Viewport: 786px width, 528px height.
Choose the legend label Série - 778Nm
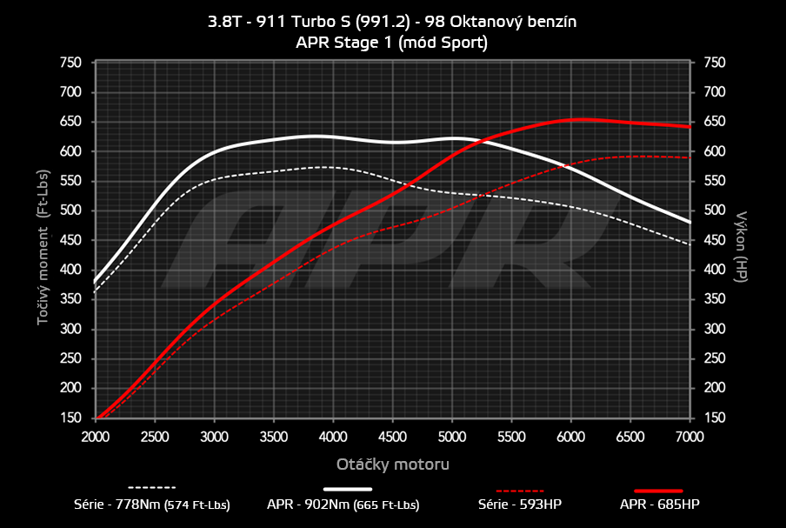click(152, 505)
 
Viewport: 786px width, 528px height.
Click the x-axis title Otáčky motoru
click(393, 465)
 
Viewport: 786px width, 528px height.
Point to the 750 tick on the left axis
click(70, 63)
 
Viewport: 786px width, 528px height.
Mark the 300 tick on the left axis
click(70, 330)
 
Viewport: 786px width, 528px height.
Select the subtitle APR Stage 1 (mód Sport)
click(393, 43)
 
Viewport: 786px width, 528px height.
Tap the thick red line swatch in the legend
click(658, 489)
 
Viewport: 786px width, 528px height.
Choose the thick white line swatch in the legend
click(354, 489)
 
